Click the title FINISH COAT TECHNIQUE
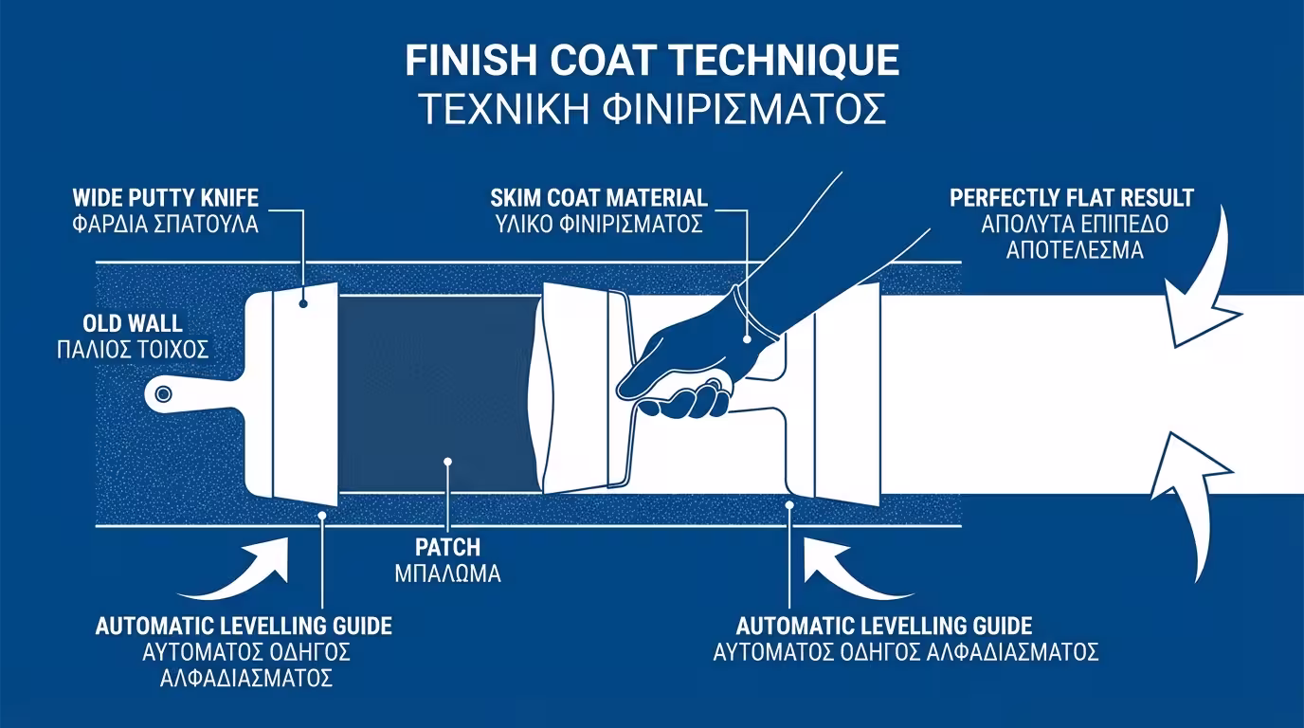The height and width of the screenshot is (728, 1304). pos(652,61)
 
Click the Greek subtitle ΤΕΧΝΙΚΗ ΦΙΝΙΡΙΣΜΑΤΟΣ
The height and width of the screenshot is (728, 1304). pos(652,109)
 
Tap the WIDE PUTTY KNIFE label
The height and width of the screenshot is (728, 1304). pos(166,199)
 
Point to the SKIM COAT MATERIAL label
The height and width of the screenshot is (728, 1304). pos(599,199)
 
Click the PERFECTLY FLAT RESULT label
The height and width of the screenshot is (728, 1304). pos(1071,199)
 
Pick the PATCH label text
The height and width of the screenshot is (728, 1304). pos(447,548)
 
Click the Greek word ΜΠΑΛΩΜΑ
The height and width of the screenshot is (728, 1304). pos(447,573)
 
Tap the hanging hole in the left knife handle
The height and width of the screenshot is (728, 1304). pos(163,393)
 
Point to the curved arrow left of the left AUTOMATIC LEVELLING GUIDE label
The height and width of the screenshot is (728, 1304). pos(242,573)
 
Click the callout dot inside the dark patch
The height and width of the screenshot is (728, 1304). pos(447,462)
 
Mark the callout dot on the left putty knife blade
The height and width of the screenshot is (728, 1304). pos(303,303)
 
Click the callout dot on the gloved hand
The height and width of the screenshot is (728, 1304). pos(747,338)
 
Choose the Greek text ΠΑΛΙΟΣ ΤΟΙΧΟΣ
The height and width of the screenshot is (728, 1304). pos(132,350)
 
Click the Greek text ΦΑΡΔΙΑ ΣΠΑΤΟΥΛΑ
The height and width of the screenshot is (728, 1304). pos(166,226)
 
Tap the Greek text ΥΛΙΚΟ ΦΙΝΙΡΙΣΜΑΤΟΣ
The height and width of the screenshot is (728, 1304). pos(599,226)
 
